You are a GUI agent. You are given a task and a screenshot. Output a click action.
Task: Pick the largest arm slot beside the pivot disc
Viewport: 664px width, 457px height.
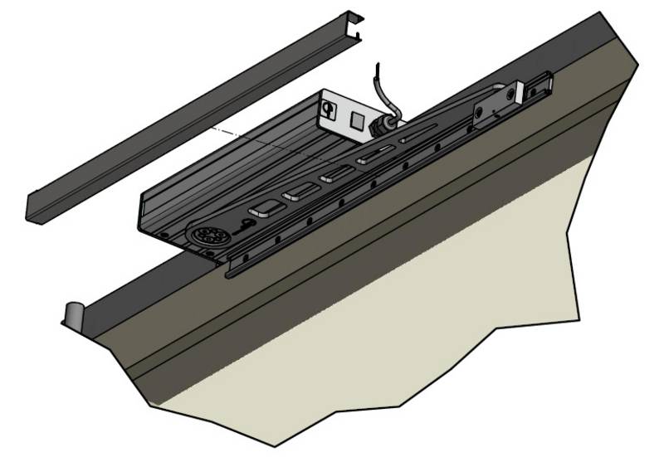point(265,208)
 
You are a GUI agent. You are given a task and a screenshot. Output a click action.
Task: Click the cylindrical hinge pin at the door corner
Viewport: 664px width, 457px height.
point(73,314)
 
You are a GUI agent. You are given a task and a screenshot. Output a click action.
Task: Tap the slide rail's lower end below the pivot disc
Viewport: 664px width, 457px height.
point(232,264)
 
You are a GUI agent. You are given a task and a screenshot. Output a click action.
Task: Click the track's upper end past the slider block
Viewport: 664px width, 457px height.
point(544,80)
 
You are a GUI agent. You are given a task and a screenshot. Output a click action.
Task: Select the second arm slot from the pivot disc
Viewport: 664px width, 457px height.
point(297,195)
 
